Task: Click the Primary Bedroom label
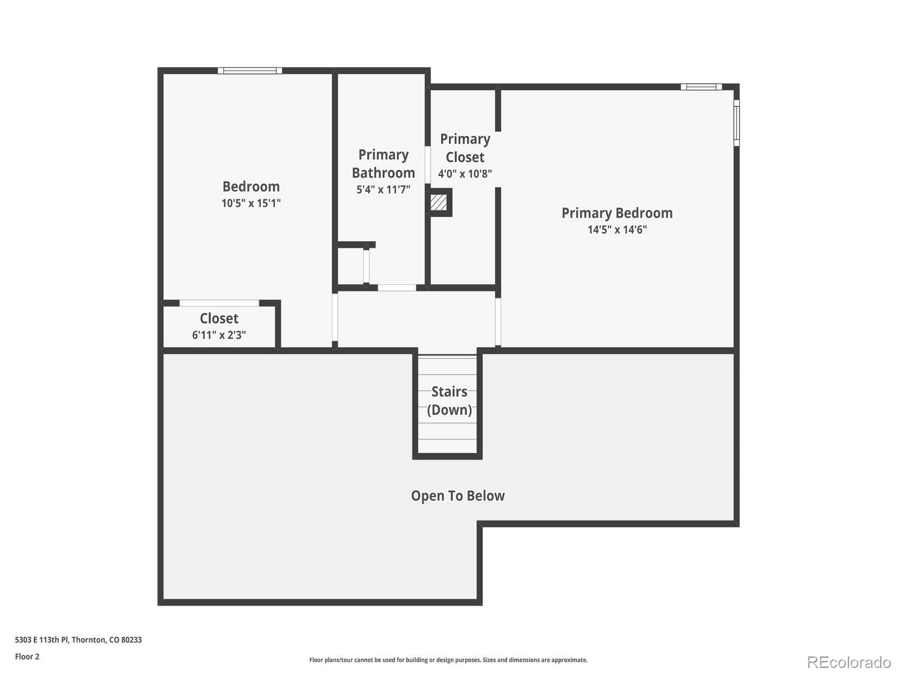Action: point(617,213)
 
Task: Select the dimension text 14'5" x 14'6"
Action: point(617,229)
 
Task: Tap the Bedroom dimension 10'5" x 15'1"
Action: point(251,203)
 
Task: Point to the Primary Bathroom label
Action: point(383,164)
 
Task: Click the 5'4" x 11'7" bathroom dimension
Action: point(383,190)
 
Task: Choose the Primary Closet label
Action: point(465,148)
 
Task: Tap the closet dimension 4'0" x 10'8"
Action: point(465,174)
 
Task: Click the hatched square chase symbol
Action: point(439,202)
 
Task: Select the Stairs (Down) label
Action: point(449,400)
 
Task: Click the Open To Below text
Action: point(457,496)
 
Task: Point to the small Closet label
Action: point(219,319)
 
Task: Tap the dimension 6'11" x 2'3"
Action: point(219,335)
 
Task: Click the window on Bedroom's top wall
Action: point(250,71)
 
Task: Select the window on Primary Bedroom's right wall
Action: point(736,123)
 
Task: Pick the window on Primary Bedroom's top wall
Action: point(701,86)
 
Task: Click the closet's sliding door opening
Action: point(219,303)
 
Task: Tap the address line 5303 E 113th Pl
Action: point(78,639)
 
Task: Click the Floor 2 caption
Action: point(27,656)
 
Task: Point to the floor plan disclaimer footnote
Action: point(448,660)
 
